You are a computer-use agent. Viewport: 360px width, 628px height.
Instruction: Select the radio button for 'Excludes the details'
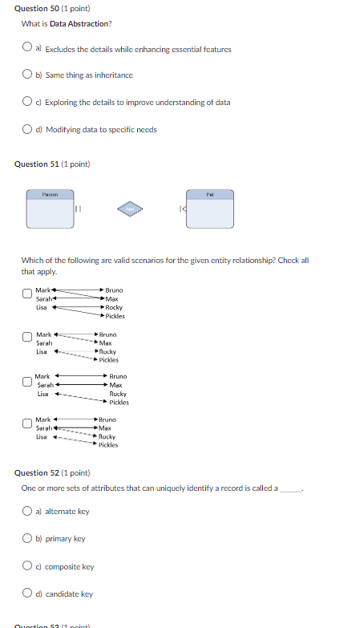click(x=27, y=49)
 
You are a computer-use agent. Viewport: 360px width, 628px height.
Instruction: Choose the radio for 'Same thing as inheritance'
click(x=27, y=75)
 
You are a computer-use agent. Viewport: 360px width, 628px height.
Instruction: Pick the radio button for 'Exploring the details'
click(x=27, y=103)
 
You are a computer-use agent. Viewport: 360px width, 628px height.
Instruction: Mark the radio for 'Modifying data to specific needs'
click(x=27, y=129)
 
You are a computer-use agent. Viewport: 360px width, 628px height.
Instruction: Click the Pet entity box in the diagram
click(x=210, y=209)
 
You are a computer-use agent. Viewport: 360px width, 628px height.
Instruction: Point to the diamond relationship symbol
click(x=130, y=209)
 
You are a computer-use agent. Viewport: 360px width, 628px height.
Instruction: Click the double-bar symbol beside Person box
click(x=78, y=209)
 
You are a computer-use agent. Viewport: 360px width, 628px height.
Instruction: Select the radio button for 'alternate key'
click(x=27, y=511)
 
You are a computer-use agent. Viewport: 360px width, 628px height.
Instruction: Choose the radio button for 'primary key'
click(x=27, y=539)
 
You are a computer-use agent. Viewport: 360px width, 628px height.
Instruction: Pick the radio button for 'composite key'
click(x=27, y=566)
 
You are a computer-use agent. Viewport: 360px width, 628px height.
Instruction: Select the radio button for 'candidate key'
click(x=27, y=594)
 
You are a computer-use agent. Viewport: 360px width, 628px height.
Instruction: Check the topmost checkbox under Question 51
click(x=27, y=295)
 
